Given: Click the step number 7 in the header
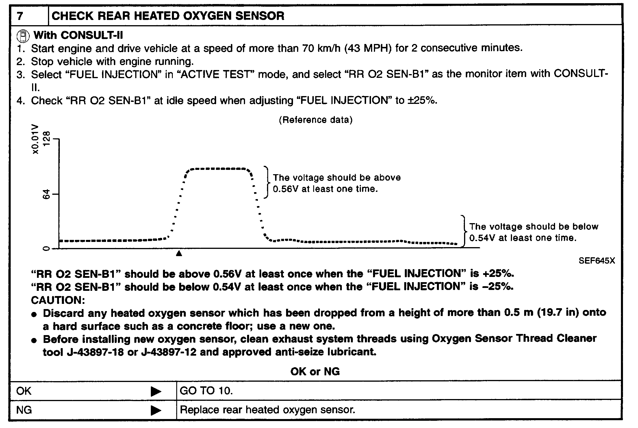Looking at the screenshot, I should click(x=20, y=16).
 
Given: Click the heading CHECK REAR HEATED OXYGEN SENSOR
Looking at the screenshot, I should click(x=168, y=16).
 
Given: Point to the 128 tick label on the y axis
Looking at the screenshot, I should click(x=47, y=139).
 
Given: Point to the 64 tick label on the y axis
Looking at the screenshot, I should click(x=47, y=194).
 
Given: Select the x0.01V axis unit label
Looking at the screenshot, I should click(x=36, y=139).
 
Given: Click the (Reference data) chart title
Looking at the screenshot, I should click(x=316, y=120).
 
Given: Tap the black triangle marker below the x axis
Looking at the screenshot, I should click(x=179, y=254).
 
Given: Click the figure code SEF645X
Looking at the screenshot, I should click(x=597, y=261).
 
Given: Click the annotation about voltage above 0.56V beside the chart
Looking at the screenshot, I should click(x=337, y=183).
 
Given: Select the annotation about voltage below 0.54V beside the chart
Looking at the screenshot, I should click(x=533, y=232).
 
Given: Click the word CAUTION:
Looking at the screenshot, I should click(x=58, y=300).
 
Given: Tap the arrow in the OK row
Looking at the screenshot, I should click(x=156, y=391).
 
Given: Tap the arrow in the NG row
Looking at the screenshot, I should click(x=156, y=410).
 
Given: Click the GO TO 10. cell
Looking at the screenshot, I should click(x=206, y=391).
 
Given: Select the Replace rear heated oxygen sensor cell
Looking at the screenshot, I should click(x=267, y=410).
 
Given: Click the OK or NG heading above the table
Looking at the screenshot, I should click(x=315, y=371).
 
